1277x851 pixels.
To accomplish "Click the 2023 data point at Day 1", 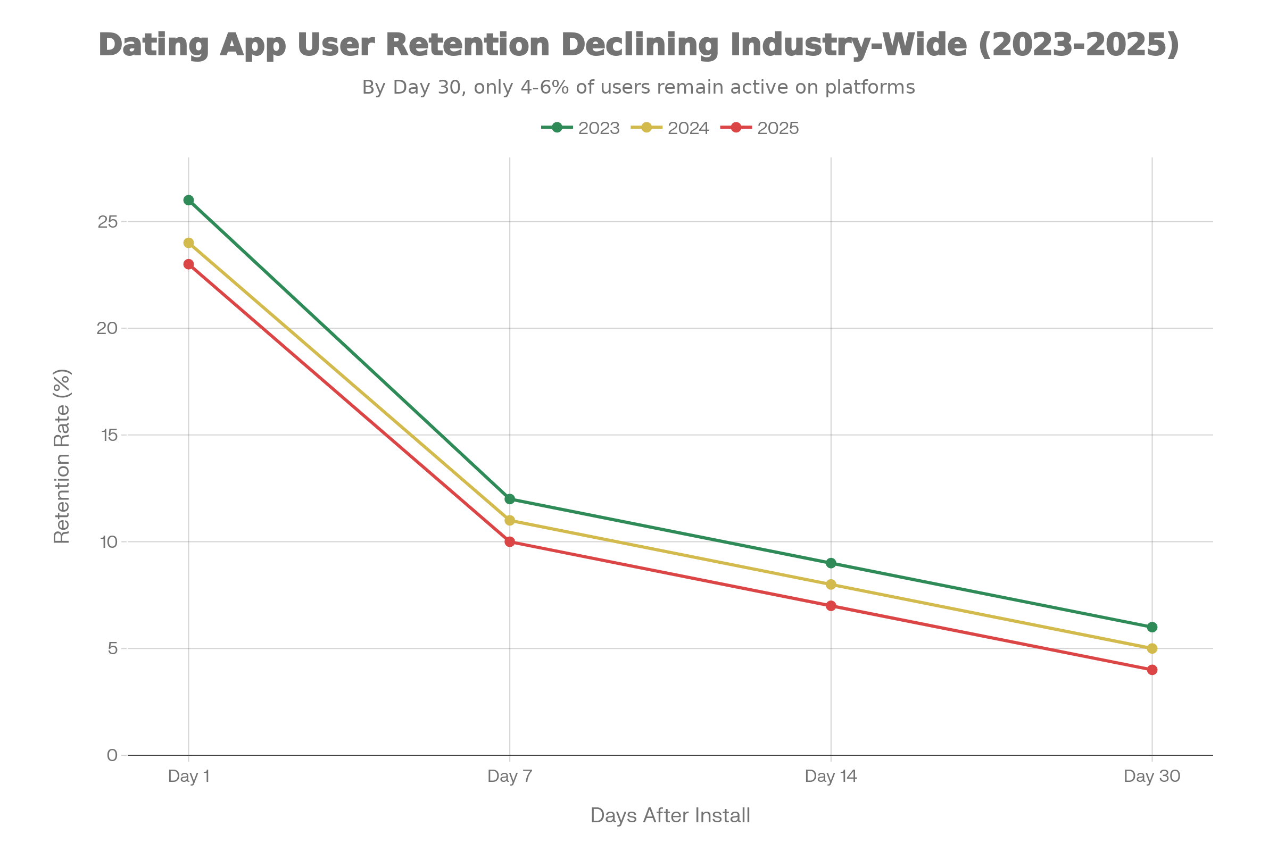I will click(188, 201).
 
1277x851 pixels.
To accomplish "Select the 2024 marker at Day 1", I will click(188, 243).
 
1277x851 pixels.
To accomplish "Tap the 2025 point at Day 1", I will click(188, 264).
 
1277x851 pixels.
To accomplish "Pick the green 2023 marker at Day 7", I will click(510, 499).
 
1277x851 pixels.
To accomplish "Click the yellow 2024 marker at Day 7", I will click(510, 521).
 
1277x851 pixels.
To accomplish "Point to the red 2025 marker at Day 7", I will click(510, 541).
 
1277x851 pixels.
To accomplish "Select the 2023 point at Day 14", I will click(831, 563).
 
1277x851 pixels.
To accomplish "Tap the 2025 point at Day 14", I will click(831, 606).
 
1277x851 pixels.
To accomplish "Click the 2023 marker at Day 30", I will click(1152, 628).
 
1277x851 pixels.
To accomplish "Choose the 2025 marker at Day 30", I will click(1152, 670).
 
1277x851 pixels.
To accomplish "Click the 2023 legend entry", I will click(581, 128).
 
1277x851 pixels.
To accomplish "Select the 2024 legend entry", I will click(670, 128).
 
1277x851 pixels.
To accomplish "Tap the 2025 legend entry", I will click(760, 128).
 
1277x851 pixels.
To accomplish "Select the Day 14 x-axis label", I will click(831, 777).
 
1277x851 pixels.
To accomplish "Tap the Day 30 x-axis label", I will click(1152, 777).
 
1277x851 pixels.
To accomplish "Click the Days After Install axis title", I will click(670, 816).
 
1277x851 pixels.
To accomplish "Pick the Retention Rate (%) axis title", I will click(62, 456).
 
